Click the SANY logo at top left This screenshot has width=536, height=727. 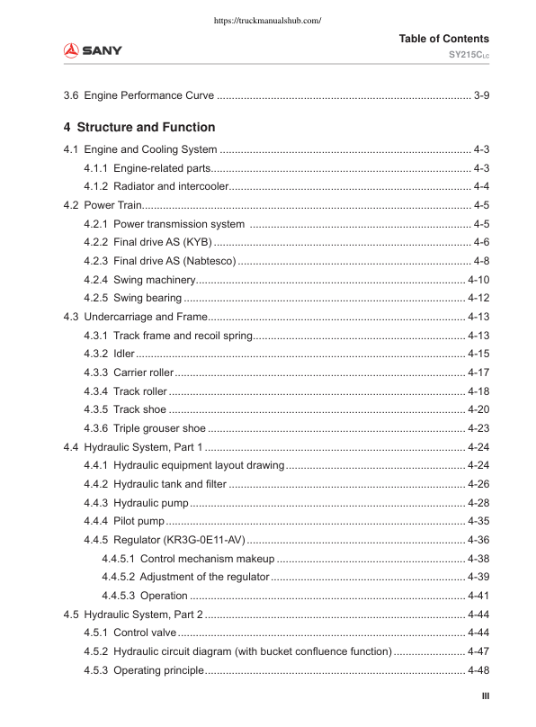tap(93, 49)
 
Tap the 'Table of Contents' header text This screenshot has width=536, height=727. tap(443, 39)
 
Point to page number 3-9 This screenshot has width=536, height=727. tap(481, 94)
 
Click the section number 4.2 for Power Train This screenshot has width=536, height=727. tap(71, 205)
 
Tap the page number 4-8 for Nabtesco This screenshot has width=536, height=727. tap(481, 261)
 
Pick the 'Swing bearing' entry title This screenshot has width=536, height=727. tap(147, 298)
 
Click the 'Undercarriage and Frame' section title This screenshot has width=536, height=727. tap(145, 317)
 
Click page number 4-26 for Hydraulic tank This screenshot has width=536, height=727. tap(478, 484)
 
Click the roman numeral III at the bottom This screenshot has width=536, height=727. tap(485, 696)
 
